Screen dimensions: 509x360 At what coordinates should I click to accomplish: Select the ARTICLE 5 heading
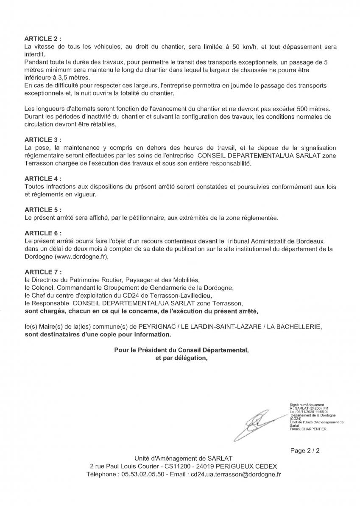tap(43, 210)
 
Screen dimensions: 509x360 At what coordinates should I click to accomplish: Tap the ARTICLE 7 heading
tap(43, 271)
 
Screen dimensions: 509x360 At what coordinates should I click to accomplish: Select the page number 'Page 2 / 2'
tap(305, 450)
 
